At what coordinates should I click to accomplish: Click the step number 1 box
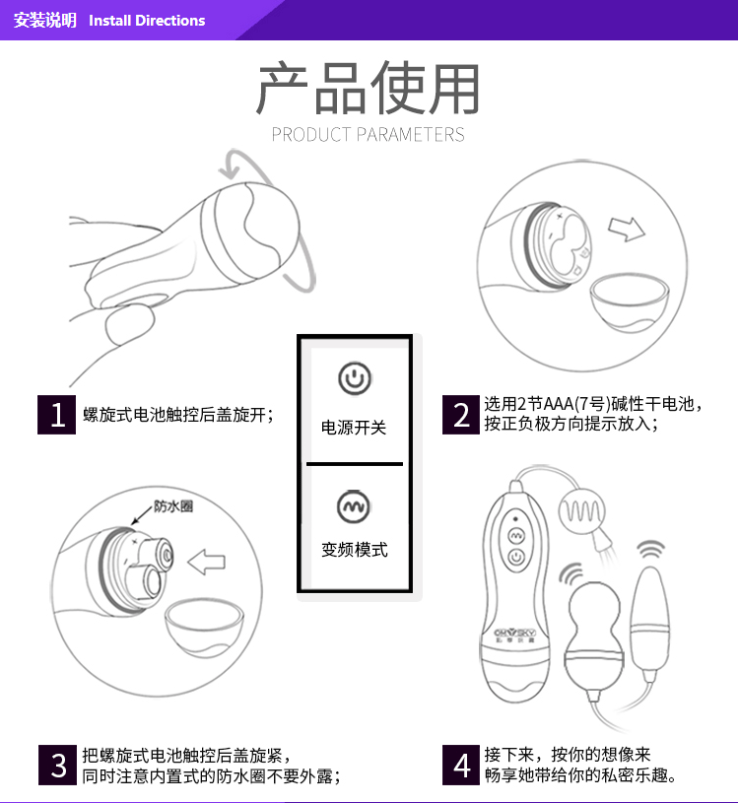(x=56, y=414)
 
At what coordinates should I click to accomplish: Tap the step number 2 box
(x=461, y=414)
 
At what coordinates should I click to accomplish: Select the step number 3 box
(x=57, y=766)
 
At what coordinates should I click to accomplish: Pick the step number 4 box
(x=461, y=766)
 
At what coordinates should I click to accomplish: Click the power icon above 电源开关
(x=355, y=378)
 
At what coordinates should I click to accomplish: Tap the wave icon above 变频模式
(x=354, y=506)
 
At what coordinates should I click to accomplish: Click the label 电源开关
(x=354, y=427)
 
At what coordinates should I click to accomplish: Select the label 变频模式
(x=355, y=550)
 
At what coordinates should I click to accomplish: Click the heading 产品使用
(x=368, y=88)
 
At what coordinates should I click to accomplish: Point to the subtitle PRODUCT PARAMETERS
(x=368, y=135)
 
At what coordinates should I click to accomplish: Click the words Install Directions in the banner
(x=147, y=21)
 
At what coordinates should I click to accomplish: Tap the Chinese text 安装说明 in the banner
(x=45, y=21)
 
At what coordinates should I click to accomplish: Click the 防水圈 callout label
(x=173, y=506)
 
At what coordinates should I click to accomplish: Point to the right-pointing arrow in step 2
(x=627, y=229)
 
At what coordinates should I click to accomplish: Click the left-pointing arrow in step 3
(x=206, y=563)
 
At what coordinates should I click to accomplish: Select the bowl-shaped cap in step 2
(x=630, y=302)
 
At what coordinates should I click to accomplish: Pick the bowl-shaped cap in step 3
(x=204, y=628)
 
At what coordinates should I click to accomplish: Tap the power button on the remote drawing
(x=515, y=558)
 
